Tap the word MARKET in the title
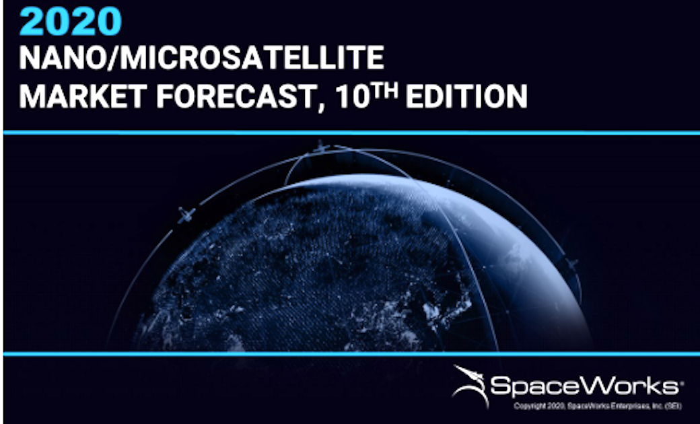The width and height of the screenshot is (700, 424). point(83,96)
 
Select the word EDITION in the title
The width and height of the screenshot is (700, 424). point(466,96)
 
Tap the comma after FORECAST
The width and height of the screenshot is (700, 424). point(320,106)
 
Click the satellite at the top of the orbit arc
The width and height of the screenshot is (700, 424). point(320,147)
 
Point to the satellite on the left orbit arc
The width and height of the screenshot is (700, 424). point(186,215)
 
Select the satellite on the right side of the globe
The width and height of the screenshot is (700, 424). point(571,263)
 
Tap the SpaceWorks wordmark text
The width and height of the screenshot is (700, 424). point(584,386)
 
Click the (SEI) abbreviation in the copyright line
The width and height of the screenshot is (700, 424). point(673,406)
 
